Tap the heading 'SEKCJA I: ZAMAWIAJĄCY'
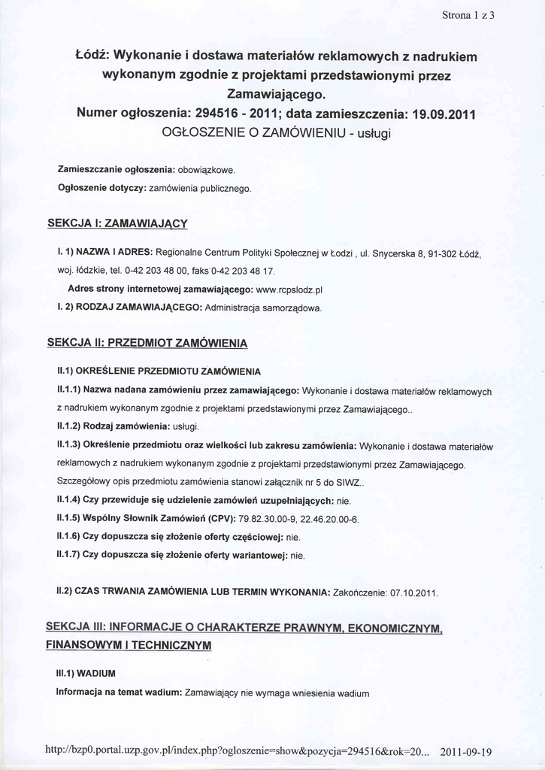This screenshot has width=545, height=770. pyautogui.click(x=117, y=223)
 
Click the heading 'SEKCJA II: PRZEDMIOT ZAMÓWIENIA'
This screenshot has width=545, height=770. pyautogui.click(x=147, y=343)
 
